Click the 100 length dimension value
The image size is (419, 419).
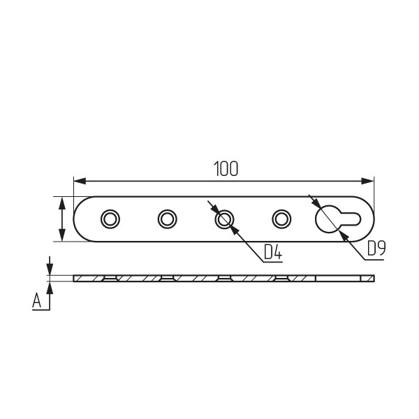[226, 168]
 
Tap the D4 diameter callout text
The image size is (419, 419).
[273, 252]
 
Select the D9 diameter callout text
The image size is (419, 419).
[376, 249]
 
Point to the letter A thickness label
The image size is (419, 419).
[36, 300]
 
